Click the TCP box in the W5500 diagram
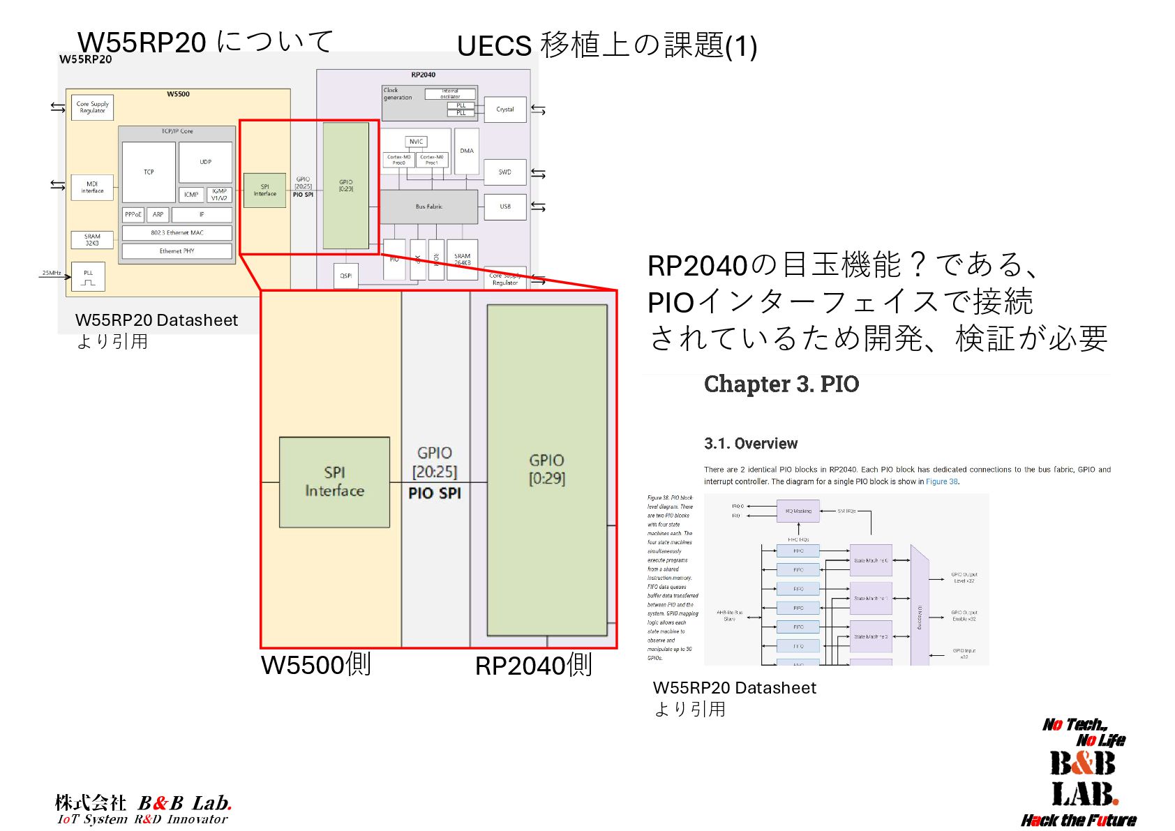tap(149, 172)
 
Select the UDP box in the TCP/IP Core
tap(205, 162)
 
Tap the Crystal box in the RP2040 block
tap(504, 110)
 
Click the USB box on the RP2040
tap(504, 207)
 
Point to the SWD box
tap(504, 172)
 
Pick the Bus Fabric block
tap(428, 207)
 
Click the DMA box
tap(467, 151)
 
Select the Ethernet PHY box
tap(177, 251)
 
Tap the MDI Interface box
tap(92, 187)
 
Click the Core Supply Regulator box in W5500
tap(92, 107)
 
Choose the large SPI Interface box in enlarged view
tap(334, 481)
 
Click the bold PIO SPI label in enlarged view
tap(435, 493)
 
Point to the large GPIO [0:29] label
tap(546, 469)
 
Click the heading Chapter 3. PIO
tap(781, 384)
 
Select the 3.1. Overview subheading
tap(751, 444)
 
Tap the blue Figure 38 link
tap(941, 481)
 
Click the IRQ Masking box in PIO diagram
tap(798, 511)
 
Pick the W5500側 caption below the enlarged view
tap(315, 664)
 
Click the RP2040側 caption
tap(533, 666)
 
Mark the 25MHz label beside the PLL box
tap(51, 273)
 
